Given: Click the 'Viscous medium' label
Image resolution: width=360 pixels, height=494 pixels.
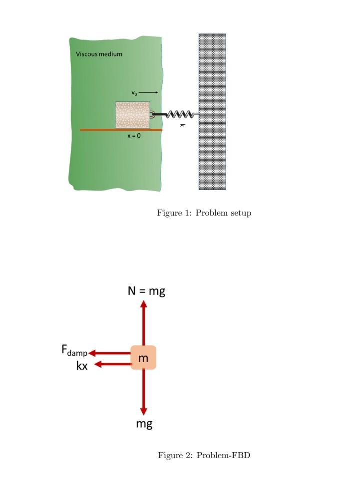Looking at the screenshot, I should point(99,54).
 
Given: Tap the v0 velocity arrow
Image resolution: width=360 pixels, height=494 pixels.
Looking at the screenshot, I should point(148,92).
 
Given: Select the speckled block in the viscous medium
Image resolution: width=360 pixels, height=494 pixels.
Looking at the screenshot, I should point(132,115).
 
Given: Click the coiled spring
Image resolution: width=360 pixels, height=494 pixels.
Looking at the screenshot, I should point(179,115).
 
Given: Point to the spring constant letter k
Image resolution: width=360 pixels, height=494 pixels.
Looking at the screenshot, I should point(182,125).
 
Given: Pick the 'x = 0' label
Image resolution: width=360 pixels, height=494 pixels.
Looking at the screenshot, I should point(134,136).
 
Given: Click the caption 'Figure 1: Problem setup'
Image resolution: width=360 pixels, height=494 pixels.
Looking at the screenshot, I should point(204,213).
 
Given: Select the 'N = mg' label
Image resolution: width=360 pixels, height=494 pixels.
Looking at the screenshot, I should point(146,291).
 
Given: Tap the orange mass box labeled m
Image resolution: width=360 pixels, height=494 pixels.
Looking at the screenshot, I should point(143,357).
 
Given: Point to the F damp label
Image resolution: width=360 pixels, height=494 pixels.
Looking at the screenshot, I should point(74,350).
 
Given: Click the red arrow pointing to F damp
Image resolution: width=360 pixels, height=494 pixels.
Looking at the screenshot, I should point(110,353).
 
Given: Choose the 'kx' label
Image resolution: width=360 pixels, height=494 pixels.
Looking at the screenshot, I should point(82,366).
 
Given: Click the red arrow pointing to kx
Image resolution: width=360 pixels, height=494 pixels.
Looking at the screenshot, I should point(113,364).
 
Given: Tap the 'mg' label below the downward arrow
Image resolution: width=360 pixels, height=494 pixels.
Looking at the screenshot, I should point(144,424).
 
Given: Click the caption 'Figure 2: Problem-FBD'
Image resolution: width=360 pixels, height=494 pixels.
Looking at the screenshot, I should point(204,455).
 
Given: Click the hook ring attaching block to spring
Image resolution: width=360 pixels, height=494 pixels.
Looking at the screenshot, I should point(152,114).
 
